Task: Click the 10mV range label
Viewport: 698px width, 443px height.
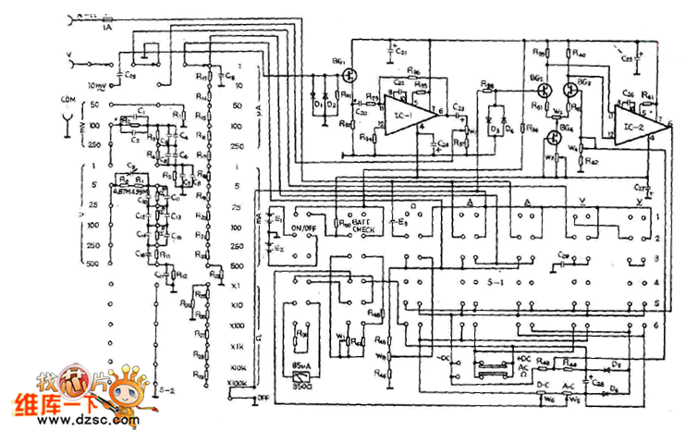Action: [97, 85]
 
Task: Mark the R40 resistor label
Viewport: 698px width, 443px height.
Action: [581, 55]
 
